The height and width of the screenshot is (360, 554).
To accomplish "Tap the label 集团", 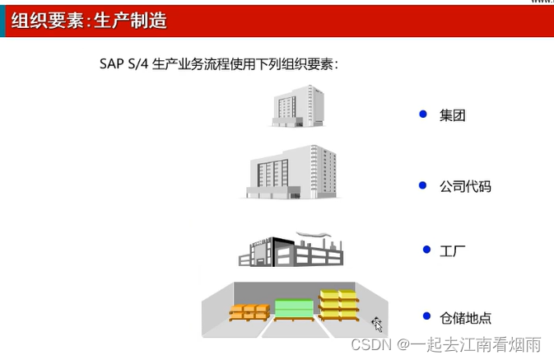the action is point(453,115).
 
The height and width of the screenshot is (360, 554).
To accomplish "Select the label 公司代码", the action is point(465,186).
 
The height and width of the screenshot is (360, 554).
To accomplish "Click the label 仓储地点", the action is point(467,317).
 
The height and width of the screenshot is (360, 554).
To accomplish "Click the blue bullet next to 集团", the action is point(423,115).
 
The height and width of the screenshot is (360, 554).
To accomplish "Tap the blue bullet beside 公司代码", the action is point(423,185).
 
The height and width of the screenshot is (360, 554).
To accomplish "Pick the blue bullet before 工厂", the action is point(426,249).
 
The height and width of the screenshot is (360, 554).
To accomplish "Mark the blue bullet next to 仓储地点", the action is point(426,316).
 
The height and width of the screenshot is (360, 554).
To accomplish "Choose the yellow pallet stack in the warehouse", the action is point(338,304).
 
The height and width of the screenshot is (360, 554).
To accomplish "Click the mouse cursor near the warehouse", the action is point(377,324).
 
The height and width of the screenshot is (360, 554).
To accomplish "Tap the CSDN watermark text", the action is point(369,345).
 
